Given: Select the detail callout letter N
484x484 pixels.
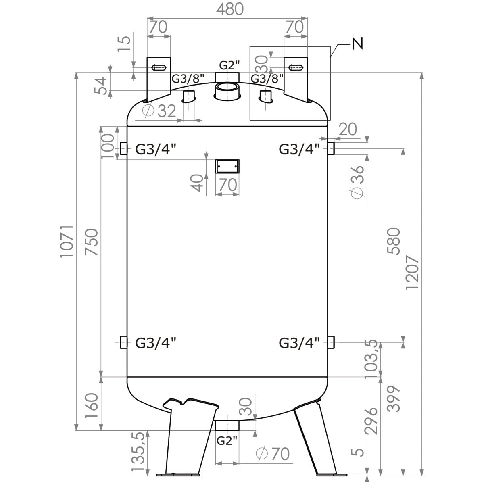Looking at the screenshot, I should click(357, 43).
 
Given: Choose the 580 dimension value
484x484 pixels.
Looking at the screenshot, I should click(393, 242).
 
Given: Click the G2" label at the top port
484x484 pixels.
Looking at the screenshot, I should click(229, 65).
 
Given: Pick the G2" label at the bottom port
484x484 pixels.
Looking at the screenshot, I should click(227, 440).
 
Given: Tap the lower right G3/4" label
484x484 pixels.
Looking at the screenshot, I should click(299, 343).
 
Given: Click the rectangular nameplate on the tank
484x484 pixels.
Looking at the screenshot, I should click(227, 166).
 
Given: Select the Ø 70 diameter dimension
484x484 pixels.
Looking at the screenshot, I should click(273, 454).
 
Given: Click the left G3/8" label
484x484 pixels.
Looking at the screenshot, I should click(188, 79).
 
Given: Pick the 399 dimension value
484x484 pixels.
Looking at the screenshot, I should click(393, 399).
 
